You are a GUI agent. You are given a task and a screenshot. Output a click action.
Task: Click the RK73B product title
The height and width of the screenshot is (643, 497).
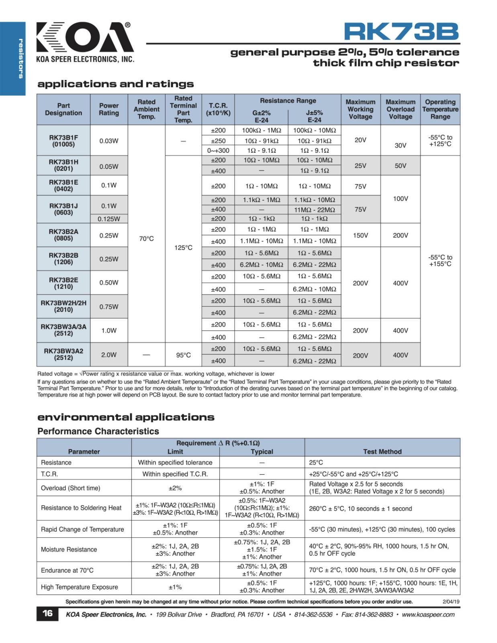pos(401,32)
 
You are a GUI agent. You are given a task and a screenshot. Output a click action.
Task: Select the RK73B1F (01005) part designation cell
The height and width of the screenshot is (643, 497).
pos(63,141)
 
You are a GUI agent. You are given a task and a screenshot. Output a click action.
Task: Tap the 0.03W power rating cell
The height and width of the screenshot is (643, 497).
pos(109,141)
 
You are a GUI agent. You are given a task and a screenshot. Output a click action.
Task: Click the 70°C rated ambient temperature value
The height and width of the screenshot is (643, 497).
pos(146,239)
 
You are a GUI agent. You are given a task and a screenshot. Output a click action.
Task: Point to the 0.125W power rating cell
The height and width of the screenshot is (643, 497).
pos(109,219)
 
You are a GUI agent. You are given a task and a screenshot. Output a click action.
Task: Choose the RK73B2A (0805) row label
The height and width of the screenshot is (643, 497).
pos(63,235)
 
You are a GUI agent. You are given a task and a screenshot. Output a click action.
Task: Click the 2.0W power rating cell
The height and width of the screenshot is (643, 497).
pos(109,355)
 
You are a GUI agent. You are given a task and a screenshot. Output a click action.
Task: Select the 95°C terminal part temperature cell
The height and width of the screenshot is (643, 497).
pos(183,355)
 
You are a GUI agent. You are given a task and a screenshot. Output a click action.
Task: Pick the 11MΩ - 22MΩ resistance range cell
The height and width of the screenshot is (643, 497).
pos(314,210)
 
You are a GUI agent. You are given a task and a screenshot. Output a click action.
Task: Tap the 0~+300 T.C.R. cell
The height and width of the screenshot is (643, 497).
pos(218,151)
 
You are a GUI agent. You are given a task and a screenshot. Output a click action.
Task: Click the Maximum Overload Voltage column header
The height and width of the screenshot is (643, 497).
pos(400,109)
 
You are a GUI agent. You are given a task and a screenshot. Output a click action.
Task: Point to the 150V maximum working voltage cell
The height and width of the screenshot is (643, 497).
pos(360,235)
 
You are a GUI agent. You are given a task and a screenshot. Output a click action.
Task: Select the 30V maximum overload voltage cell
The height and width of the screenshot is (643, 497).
pos(400,145)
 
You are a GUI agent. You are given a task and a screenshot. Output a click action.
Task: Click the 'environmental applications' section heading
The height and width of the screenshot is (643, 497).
pos(126,417)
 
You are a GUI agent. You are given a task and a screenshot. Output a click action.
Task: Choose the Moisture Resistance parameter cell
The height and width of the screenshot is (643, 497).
pos(69,549)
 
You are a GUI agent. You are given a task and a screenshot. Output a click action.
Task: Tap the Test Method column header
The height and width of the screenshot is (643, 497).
pos(382,452)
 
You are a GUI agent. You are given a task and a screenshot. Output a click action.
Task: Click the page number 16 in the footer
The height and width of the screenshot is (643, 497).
pos(47,613)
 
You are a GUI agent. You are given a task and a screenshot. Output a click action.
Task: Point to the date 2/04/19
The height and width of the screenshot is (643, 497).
pos(451,602)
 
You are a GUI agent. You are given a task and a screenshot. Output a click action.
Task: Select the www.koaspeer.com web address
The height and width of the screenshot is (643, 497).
pos(428,614)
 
